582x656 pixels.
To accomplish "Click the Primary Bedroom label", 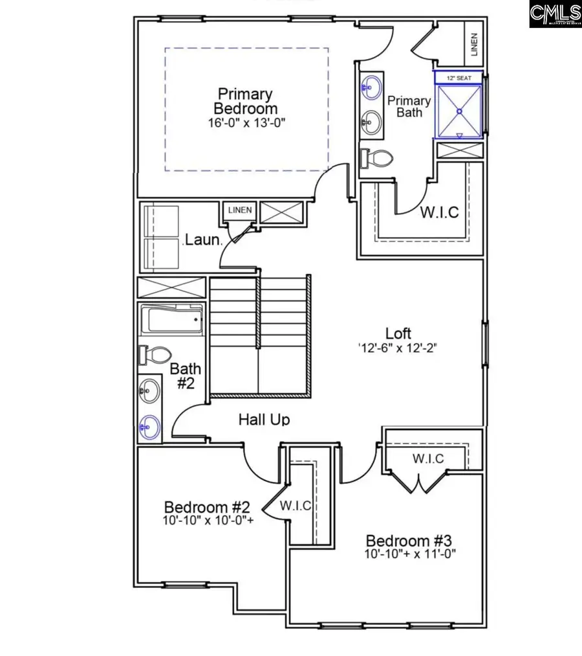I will tap(245, 101).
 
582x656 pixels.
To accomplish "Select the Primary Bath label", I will tap(409, 106).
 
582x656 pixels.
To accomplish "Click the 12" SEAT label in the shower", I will tap(458, 77).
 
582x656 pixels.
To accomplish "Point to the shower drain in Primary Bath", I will tap(459, 111).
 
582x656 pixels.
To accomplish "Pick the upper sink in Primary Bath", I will tap(371, 87).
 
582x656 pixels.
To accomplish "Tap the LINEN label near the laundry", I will tap(239, 210).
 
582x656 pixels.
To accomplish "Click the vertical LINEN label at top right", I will tap(473, 44).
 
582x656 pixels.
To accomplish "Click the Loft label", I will tap(398, 334).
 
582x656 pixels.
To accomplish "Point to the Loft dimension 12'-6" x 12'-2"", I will tap(398, 348).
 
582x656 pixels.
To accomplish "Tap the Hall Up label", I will tap(264, 420).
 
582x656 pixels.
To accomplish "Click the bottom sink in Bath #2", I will tap(149, 427).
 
